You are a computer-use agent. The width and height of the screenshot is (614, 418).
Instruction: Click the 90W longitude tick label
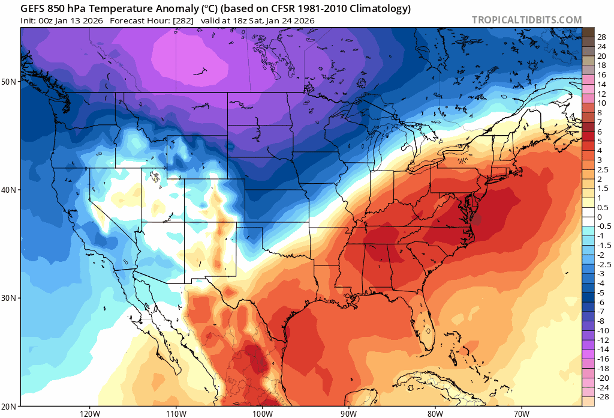[x=348, y=413]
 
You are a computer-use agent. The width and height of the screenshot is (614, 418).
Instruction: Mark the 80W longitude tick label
[x=435, y=413]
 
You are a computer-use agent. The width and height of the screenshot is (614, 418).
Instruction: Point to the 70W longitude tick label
[x=520, y=413]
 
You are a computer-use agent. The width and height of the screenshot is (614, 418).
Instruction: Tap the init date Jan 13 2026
[x=77, y=20]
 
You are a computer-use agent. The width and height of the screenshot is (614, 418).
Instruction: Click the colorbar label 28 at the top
[x=601, y=37]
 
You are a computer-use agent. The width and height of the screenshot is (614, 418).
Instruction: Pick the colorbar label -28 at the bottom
[x=601, y=397]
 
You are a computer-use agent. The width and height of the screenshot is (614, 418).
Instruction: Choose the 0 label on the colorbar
[x=599, y=217]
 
